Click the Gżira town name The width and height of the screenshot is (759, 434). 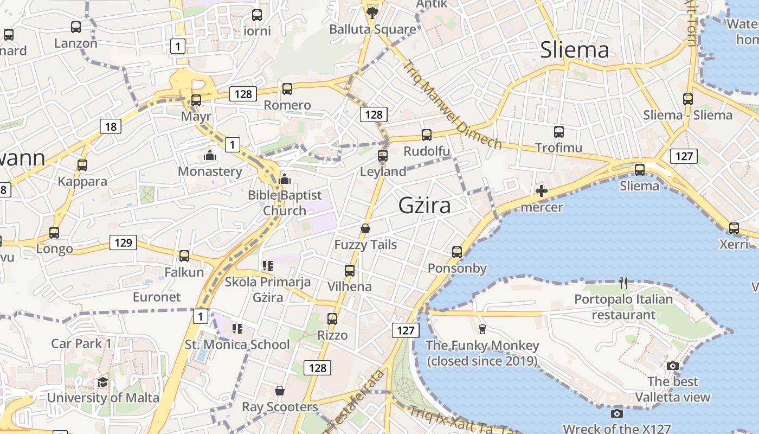[x=424, y=206]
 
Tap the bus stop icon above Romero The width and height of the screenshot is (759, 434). [x=287, y=89]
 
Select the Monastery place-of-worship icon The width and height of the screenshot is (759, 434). [x=210, y=156]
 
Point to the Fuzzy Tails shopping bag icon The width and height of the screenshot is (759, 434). [x=365, y=228]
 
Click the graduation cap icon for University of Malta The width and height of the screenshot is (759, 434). [x=102, y=382]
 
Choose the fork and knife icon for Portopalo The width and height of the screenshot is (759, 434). [x=623, y=283]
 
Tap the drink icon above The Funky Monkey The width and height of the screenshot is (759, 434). [x=482, y=329]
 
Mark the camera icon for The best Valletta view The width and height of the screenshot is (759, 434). [x=673, y=366]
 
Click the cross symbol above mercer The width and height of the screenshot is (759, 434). [x=541, y=191]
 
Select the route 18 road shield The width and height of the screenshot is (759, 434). [x=111, y=127]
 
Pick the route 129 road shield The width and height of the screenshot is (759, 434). [x=123, y=242]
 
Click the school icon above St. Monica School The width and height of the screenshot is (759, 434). [x=237, y=328]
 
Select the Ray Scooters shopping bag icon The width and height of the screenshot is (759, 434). [x=280, y=391]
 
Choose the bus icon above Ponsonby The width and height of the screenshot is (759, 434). [x=457, y=252]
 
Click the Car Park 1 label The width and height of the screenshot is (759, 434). [x=81, y=343]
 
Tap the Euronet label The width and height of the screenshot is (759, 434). [x=157, y=297]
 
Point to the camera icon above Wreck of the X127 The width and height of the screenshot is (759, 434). [x=616, y=414]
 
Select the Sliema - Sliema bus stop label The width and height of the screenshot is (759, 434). [x=687, y=115]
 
